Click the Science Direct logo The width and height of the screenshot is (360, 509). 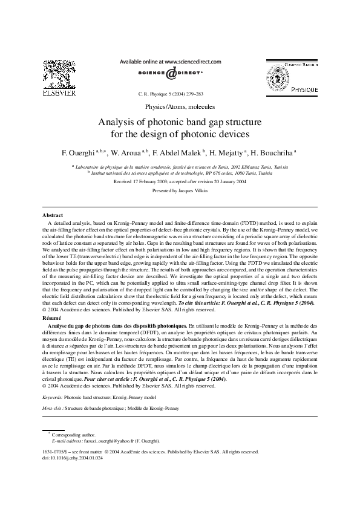pyautogui.click(x=171, y=73)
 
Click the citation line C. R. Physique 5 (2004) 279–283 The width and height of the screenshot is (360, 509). pyautogui.click(x=171, y=95)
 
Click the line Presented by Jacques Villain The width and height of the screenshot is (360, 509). pyautogui.click(x=180, y=190)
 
